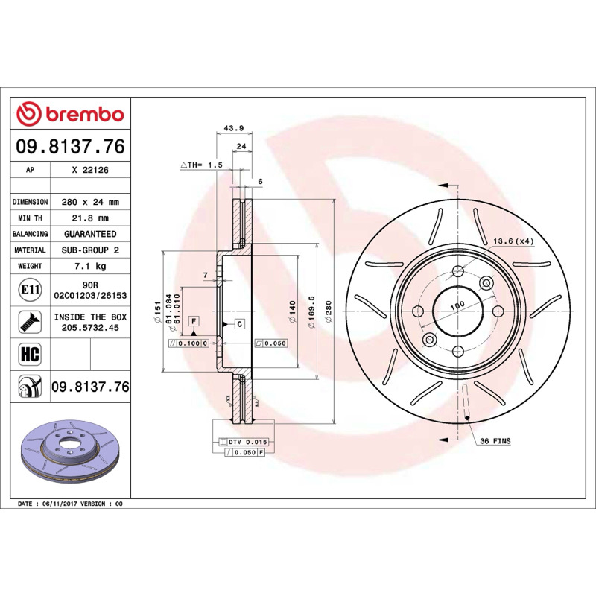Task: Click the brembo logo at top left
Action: click(70, 114)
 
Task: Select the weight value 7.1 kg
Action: click(90, 266)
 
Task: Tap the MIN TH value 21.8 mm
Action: click(90, 218)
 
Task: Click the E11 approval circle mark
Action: click(30, 290)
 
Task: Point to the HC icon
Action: click(30, 354)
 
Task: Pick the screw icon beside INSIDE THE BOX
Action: click(30, 322)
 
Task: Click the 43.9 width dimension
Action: click(234, 128)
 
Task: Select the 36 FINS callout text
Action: click(495, 441)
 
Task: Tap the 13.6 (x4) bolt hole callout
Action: click(513, 241)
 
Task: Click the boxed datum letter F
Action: click(194, 322)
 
